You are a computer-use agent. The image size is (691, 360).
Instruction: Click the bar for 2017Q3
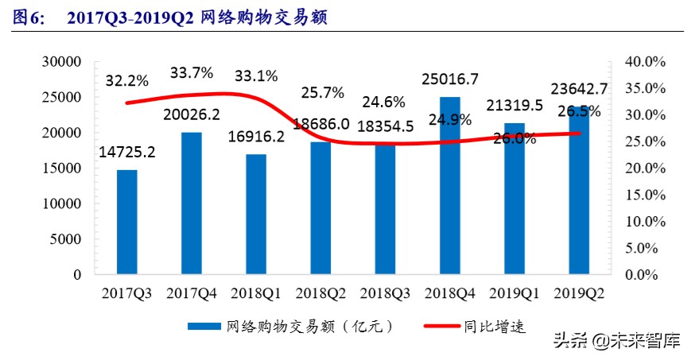click(126, 223)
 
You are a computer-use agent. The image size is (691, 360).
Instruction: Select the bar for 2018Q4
click(449, 186)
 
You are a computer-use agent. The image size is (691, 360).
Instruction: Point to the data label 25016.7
click(450, 79)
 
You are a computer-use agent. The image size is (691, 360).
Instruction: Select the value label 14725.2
click(127, 151)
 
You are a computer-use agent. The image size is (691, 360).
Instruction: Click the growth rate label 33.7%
click(192, 73)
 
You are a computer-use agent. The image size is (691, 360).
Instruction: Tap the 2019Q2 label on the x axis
click(578, 293)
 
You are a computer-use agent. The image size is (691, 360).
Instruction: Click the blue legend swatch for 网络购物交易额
click(204, 327)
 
